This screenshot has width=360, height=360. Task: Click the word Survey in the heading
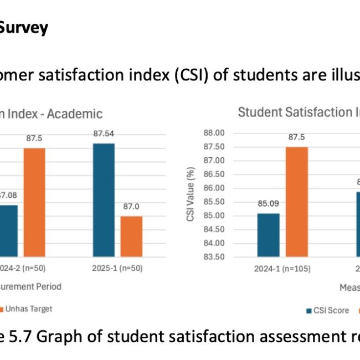[24, 28]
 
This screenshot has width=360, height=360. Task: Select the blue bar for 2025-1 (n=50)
[104, 200]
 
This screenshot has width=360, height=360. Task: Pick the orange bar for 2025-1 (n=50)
[131, 236]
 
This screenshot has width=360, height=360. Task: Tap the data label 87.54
[104, 134]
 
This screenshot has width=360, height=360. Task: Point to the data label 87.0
[131, 206]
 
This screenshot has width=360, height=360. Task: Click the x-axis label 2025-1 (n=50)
[117, 269]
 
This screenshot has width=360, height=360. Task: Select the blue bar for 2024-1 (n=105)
[269, 235]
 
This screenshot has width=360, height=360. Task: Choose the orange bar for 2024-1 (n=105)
[296, 202]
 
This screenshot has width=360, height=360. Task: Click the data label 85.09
[269, 203]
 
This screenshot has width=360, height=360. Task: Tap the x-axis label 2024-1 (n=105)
[282, 269]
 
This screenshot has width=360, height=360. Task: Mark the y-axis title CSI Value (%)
[191, 195]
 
